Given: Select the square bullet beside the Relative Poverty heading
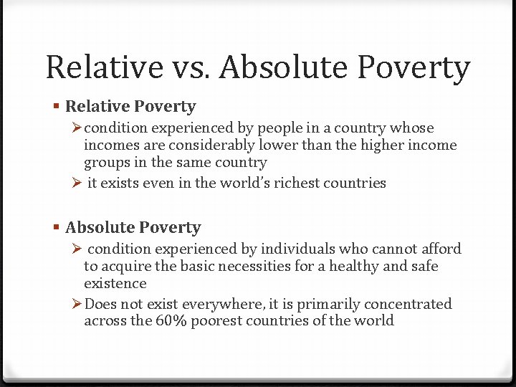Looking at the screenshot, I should [57, 106].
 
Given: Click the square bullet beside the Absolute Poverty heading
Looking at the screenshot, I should [57, 227].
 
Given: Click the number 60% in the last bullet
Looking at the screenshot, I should [171, 320].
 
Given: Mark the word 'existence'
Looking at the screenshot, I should [115, 283].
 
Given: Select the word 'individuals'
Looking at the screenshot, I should [297, 249].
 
